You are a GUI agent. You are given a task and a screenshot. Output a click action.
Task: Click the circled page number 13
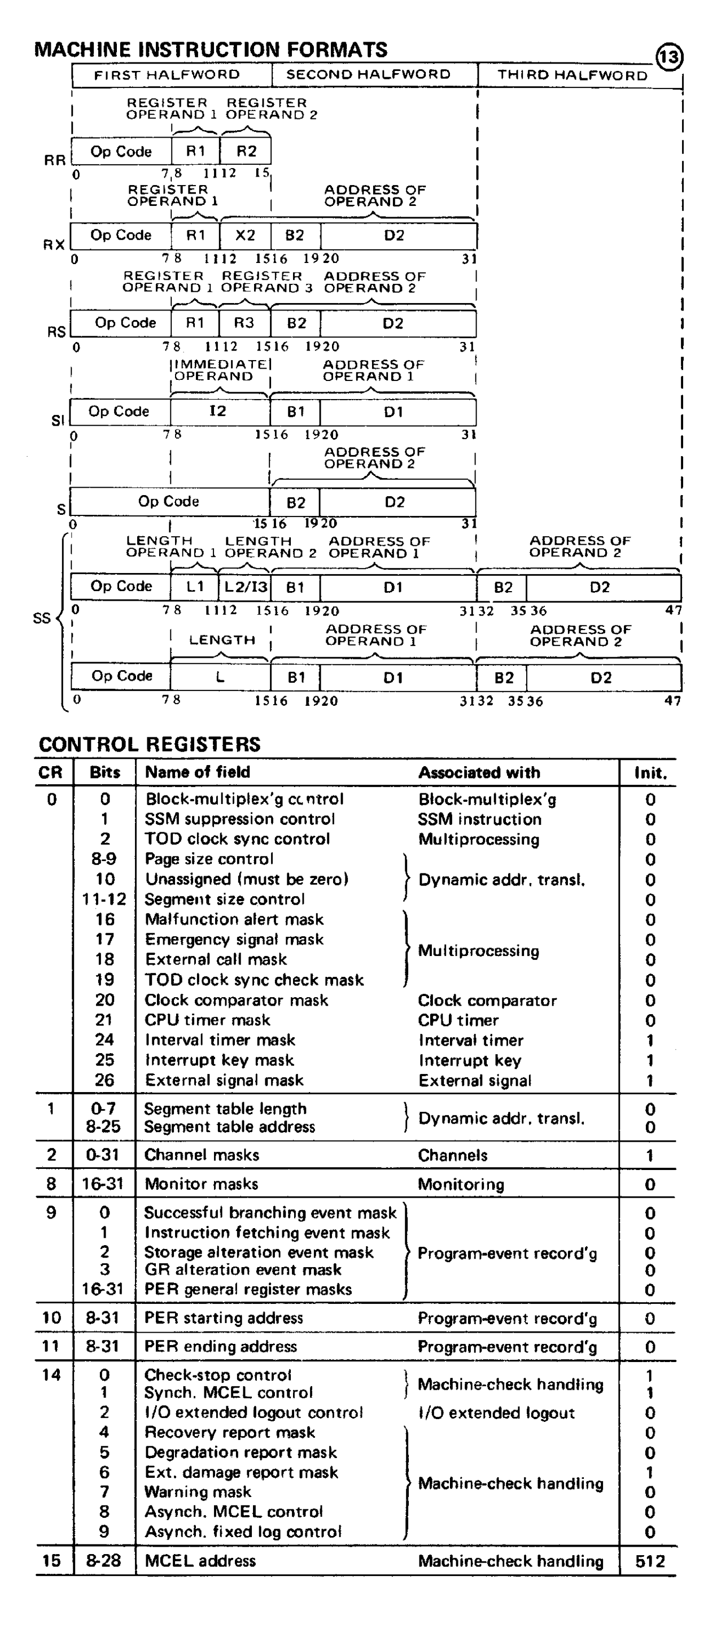tap(669, 58)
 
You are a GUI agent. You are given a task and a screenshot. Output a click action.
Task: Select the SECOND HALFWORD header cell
tap(368, 75)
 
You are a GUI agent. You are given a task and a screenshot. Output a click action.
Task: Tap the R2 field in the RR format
tap(246, 152)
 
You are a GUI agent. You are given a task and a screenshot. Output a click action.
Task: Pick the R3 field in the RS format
tap(244, 323)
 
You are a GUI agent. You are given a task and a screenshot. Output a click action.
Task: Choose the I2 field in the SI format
tap(218, 411)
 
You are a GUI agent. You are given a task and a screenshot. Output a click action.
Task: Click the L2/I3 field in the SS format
tap(246, 587)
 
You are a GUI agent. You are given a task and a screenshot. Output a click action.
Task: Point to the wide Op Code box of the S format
tap(169, 501)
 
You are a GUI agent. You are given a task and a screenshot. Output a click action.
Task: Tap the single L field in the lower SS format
tap(220, 676)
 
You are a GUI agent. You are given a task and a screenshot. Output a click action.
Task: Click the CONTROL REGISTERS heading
tap(149, 744)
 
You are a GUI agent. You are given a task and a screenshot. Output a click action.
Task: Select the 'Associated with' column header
tap(479, 773)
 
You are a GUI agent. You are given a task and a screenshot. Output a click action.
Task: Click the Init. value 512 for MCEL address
tap(650, 1561)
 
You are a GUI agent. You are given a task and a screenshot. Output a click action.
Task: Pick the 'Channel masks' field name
tap(202, 1155)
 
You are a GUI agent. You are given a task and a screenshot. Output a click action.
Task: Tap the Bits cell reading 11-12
tap(104, 899)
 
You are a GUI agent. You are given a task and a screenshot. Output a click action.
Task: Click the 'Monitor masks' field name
tap(201, 1183)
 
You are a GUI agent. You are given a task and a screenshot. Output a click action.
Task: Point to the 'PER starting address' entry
tap(223, 1318)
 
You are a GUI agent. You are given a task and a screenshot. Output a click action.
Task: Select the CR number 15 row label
tap(51, 1561)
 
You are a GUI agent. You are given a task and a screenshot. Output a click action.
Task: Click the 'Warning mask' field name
tap(197, 1492)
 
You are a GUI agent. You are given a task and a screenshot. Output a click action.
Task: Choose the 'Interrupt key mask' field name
tap(219, 1060)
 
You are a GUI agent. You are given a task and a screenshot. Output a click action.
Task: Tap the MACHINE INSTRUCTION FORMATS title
tap(211, 50)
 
